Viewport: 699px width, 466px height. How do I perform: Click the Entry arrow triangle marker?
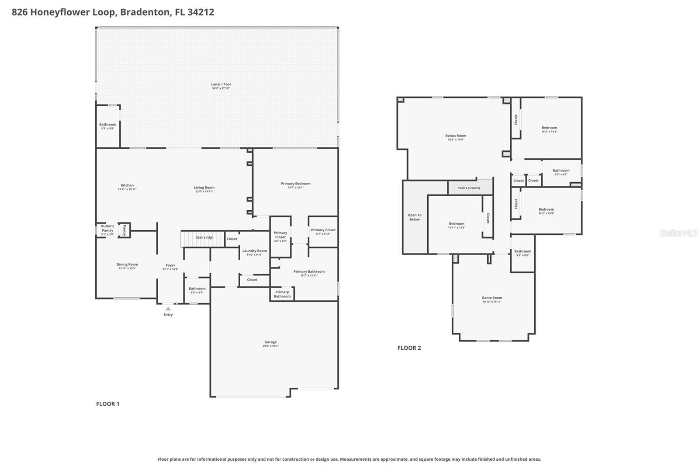coord(168,309)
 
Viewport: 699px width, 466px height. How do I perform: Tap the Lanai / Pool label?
coord(221,84)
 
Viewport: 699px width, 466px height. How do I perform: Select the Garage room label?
coord(270,342)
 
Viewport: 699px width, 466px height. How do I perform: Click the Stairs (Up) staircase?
coord(202,239)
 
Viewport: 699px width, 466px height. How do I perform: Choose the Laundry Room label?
coord(254,251)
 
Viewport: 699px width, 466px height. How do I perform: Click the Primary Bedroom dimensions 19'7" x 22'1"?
coord(296,188)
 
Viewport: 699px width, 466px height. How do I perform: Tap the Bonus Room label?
coord(456,136)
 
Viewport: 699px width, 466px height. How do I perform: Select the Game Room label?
coord(492,298)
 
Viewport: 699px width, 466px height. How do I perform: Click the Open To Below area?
coord(415,217)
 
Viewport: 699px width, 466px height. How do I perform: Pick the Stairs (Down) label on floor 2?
coord(469,188)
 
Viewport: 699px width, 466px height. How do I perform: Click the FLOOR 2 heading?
coord(409,348)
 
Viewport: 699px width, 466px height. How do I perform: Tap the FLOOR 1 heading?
coord(107,404)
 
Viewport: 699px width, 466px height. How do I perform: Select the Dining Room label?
coord(127,264)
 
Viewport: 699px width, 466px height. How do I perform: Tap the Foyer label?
coord(170,265)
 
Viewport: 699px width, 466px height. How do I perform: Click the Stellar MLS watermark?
coord(678,233)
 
